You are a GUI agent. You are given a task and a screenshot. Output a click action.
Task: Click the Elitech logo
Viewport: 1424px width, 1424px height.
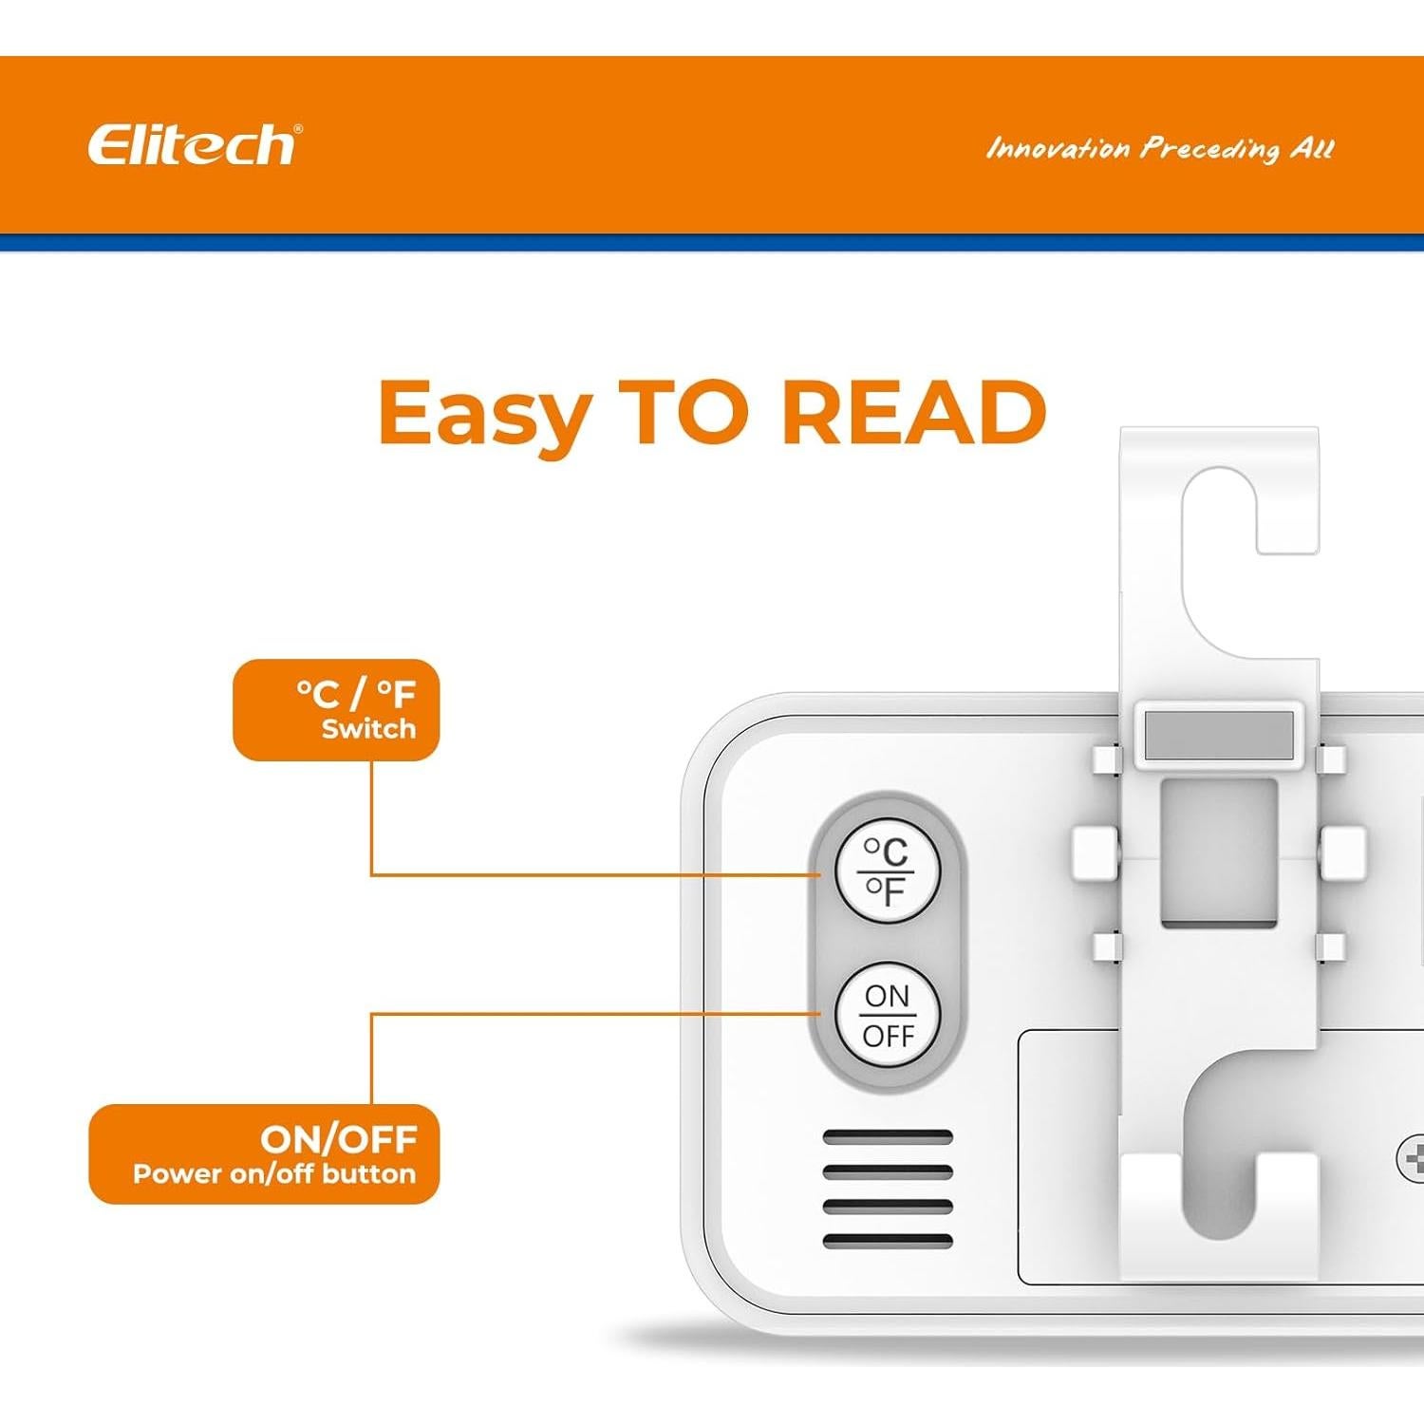[x=194, y=145]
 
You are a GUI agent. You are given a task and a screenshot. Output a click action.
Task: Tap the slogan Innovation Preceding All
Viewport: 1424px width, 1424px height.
[x=1159, y=149]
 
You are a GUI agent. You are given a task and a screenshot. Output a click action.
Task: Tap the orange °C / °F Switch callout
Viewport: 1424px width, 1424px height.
[x=336, y=710]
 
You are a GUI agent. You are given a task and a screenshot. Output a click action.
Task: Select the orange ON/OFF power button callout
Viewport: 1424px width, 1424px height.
[x=264, y=1153]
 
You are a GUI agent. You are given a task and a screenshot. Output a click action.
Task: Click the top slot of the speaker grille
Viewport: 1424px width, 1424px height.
[x=887, y=1137]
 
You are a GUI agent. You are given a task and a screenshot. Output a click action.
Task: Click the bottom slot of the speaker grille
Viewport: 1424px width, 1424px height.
[x=887, y=1240]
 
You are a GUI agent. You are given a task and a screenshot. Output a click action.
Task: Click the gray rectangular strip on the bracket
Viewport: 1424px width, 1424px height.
[x=1219, y=735]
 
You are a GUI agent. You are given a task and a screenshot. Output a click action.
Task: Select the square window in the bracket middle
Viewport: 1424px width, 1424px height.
[x=1219, y=852]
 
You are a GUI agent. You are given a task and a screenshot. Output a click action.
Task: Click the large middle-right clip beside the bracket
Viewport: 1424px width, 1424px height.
[x=1342, y=852]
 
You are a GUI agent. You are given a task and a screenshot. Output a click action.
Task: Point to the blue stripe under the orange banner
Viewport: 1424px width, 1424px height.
[x=712, y=243]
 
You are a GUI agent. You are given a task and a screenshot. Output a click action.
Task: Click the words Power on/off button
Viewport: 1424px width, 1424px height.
[x=274, y=1174]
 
